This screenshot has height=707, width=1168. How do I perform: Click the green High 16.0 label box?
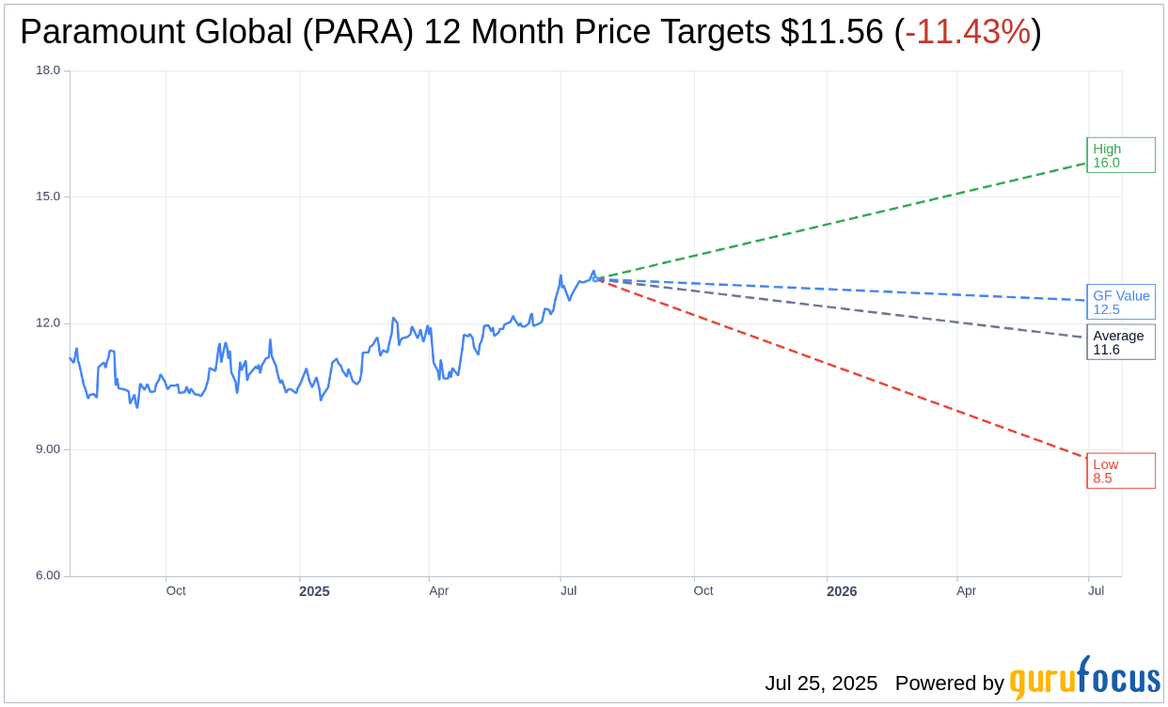[x=1120, y=155]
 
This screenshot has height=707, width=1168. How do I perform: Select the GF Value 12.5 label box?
[x=1120, y=302]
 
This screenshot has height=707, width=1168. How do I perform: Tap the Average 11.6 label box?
[x=1120, y=342]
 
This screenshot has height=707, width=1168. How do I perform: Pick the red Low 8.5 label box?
[x=1120, y=471]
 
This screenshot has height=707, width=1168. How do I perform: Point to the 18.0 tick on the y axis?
[x=47, y=71]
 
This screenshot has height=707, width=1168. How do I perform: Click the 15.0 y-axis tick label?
[x=47, y=196]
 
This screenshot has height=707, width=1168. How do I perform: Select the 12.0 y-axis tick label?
[x=47, y=323]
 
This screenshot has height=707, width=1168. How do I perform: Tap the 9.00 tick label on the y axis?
[x=47, y=449]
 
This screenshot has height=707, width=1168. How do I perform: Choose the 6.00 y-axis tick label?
[x=47, y=575]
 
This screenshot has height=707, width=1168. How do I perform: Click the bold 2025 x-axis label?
[x=314, y=591]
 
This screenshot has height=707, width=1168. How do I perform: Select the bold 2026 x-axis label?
[x=842, y=591]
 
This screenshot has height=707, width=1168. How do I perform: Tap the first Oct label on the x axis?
[x=176, y=590]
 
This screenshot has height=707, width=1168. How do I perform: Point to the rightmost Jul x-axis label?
[x=1096, y=590]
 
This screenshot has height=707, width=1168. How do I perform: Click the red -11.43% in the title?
[x=968, y=32]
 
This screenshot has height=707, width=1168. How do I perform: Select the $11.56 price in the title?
[x=832, y=32]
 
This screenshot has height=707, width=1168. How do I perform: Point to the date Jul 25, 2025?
[x=821, y=683]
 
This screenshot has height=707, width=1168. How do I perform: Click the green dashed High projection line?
[x=846, y=220]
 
